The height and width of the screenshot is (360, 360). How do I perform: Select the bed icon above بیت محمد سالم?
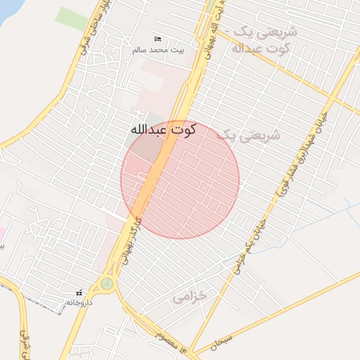(157, 39)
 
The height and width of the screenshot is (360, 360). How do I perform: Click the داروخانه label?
(79, 302)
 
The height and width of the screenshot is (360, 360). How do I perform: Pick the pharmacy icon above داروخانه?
(79, 292)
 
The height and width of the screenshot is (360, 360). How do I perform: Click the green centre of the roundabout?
(106, 283)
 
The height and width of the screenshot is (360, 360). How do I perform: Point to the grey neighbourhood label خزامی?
(191, 297)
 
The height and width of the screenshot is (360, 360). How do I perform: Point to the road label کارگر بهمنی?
(130, 243)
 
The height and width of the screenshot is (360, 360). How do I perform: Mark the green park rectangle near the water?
(72, 18)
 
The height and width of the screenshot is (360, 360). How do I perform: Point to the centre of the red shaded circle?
(180, 180)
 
